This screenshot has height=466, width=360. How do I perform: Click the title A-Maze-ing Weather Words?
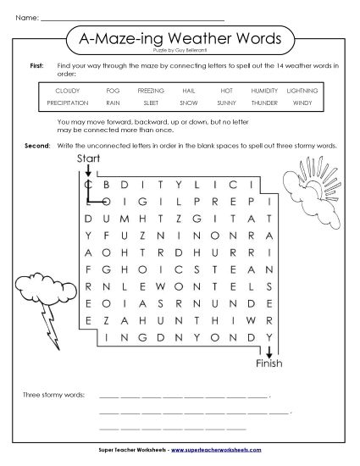tap(180, 37)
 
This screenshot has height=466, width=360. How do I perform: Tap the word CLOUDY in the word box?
tap(67, 90)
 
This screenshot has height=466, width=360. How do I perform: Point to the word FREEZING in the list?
tap(151, 90)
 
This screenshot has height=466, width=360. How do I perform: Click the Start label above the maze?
tap(88, 159)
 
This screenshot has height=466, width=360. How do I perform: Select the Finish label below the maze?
tap(269, 364)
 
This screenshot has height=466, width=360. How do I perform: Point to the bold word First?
tap(36, 64)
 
